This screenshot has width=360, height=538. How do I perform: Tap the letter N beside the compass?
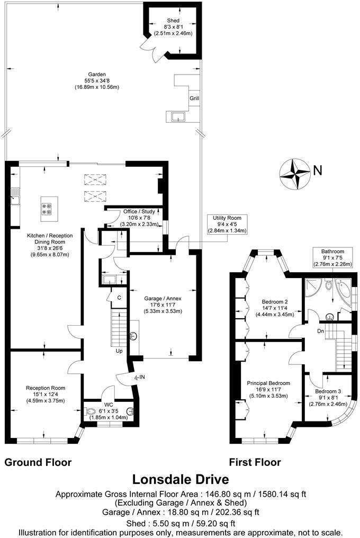click(318, 171)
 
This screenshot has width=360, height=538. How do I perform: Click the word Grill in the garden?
click(195, 98)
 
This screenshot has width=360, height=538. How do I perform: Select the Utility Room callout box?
click(227, 225)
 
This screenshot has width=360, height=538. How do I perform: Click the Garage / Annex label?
click(163, 304)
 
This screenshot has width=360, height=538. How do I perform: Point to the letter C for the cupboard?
click(120, 298)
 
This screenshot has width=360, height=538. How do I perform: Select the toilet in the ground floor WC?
click(91, 411)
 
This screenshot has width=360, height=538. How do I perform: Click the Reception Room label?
click(45, 394)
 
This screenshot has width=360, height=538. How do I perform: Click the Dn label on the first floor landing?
click(320, 331)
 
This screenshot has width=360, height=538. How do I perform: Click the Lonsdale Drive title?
click(180, 480)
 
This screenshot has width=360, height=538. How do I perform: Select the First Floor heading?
click(255, 462)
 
